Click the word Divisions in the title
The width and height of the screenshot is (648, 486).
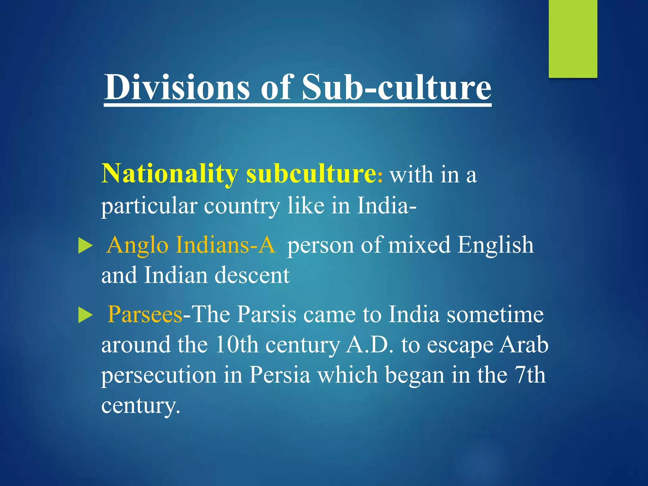pyautogui.click(x=177, y=87)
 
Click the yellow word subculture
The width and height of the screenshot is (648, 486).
pyautogui.click(x=312, y=174)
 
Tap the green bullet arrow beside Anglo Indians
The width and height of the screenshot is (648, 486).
pyautogui.click(x=85, y=246)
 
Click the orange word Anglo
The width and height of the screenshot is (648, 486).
pyautogui.click(x=137, y=245)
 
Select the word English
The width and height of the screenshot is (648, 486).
pyautogui.click(x=495, y=245)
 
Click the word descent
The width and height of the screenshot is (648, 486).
pyautogui.click(x=252, y=275)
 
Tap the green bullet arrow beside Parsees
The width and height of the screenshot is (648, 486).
pyautogui.click(x=85, y=315)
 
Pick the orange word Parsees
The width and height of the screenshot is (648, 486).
pyautogui.click(x=145, y=315)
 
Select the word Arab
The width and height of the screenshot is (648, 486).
pyautogui.click(x=524, y=345)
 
